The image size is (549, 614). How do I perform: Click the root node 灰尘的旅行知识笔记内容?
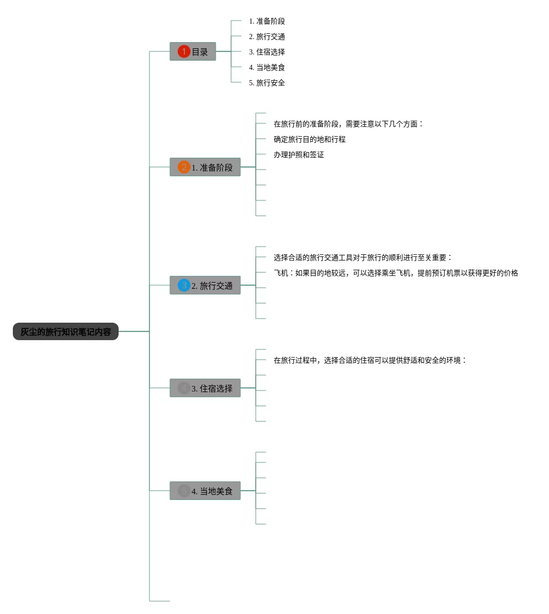coord(66,332)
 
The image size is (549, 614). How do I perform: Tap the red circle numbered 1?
coord(184,51)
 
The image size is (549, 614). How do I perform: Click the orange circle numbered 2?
coord(184,167)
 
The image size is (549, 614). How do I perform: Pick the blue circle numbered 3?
coord(184,285)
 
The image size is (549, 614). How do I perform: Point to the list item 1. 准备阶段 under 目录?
coord(267,21)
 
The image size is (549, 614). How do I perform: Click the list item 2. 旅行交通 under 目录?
coord(267,36)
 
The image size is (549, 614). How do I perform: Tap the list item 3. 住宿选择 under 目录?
coord(267,52)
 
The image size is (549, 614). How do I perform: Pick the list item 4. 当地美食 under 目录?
coord(267,67)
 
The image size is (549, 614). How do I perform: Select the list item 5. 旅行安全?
coord(267,83)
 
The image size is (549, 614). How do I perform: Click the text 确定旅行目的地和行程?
coord(310,139)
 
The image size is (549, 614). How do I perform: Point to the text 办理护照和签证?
coord(299,155)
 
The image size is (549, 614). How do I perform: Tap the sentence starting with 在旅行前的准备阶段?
coord(348,124)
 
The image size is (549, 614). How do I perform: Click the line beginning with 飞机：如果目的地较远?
coord(395,273)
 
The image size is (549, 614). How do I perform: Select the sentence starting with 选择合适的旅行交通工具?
coord(363,257)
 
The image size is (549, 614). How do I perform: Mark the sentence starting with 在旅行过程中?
coord(370,360)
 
